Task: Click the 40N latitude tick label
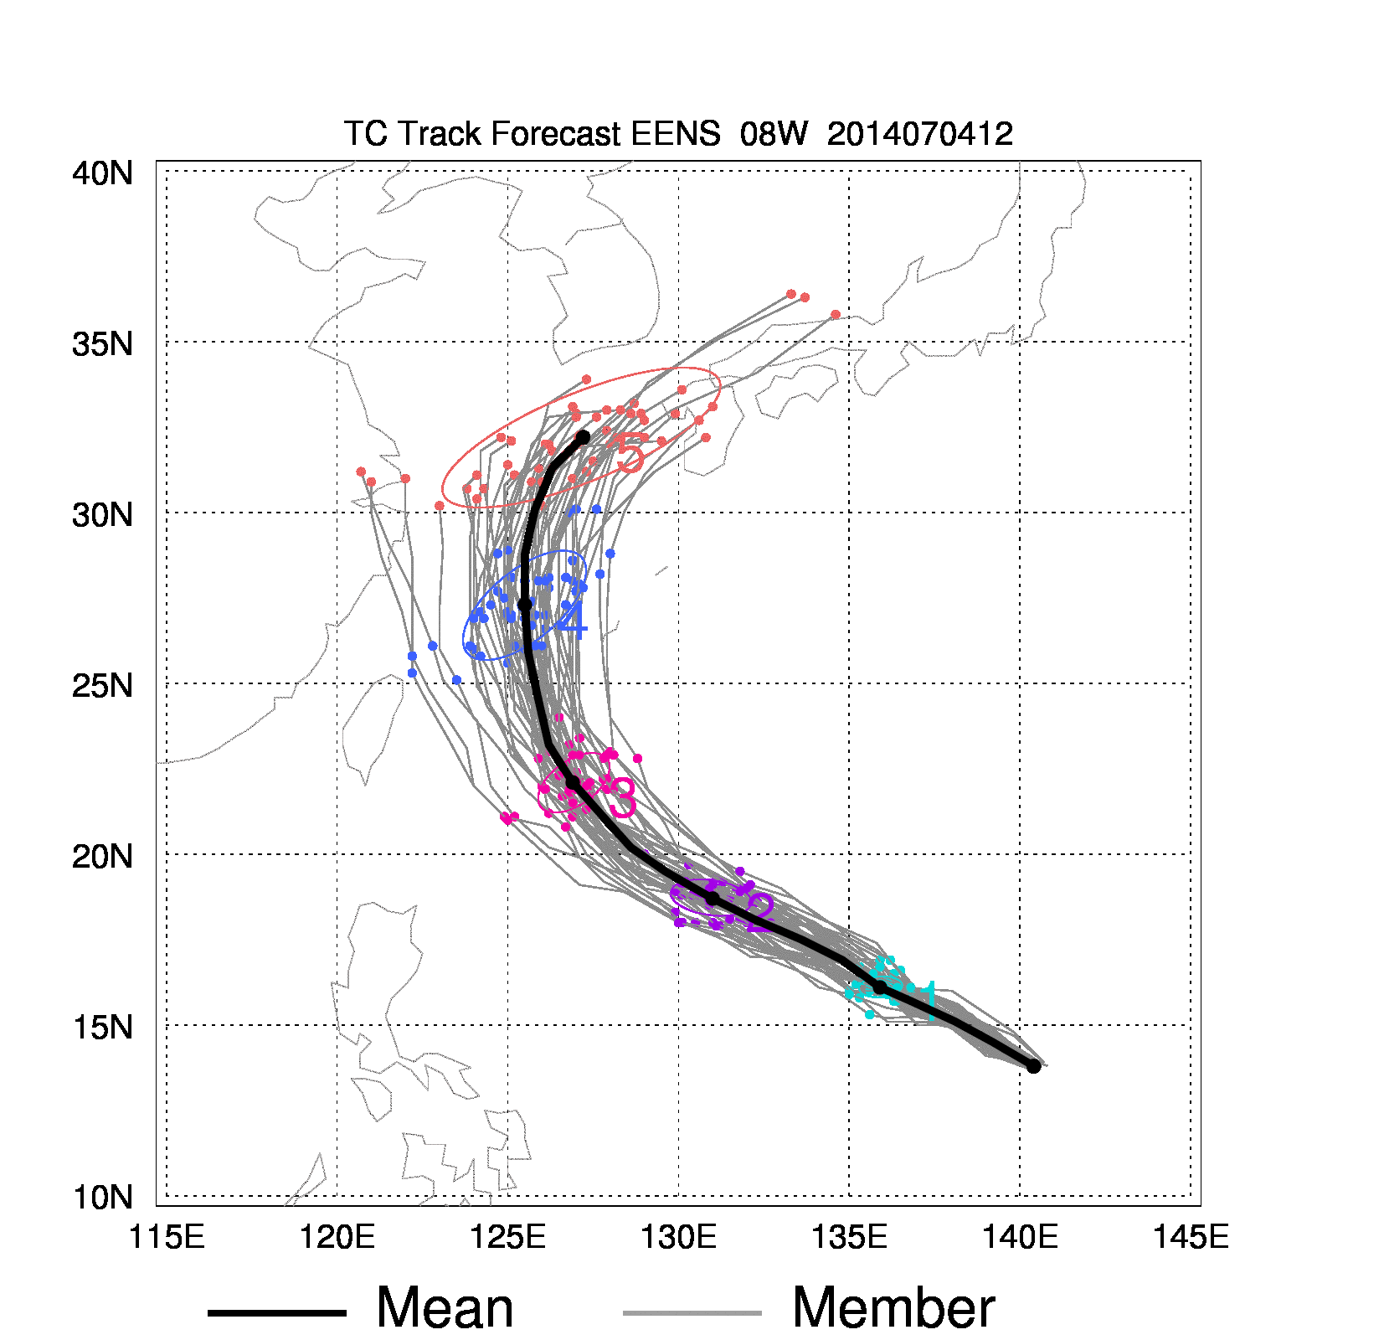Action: click(102, 173)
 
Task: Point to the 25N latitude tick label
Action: click(102, 686)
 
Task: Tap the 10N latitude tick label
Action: click(102, 1198)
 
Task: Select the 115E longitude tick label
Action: click(167, 1237)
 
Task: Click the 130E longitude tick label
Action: click(678, 1237)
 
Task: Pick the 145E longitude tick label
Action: click(1191, 1237)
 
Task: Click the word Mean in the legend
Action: click(445, 1308)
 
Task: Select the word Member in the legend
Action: click(893, 1308)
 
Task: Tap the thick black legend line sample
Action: click(276, 1312)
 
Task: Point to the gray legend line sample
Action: click(692, 1312)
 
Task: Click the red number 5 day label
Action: click(630, 454)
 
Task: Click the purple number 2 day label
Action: click(760, 913)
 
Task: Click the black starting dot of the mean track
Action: click(1034, 1066)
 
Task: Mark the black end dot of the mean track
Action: click(583, 437)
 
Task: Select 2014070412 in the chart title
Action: click(919, 134)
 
